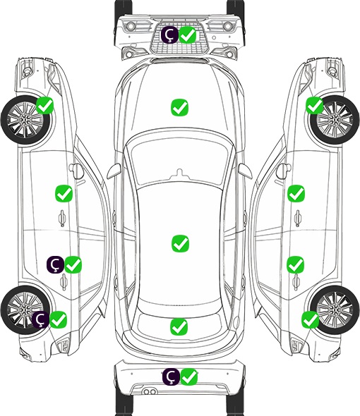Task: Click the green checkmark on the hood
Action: point(179,107)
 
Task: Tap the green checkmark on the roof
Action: point(180,243)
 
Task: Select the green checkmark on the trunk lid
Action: point(179,326)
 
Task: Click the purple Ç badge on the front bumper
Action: point(169,35)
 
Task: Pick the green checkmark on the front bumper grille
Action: point(188,35)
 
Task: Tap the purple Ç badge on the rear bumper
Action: point(171,377)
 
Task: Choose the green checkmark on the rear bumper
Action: point(189,377)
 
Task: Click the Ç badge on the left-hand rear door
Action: point(55,264)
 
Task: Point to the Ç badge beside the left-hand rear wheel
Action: point(41,319)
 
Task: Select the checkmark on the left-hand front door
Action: point(64,193)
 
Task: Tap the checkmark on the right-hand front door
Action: point(296,193)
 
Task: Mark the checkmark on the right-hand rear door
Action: point(296,264)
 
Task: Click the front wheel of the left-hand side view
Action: point(26,121)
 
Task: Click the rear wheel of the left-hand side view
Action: point(25,310)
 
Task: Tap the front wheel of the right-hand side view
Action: point(335,120)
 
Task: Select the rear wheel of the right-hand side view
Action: point(335,310)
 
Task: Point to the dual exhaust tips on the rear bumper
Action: point(150,391)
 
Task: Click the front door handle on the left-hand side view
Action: point(62,219)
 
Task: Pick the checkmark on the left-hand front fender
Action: point(45,105)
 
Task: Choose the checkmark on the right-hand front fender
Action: point(315,105)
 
